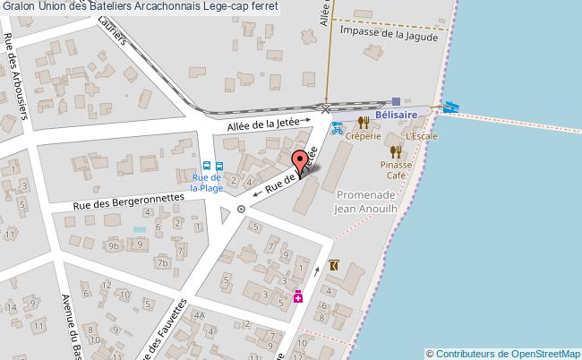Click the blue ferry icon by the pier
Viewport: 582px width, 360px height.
(450, 106)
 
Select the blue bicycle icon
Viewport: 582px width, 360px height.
(337, 127)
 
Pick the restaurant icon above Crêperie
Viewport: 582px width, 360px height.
(364, 123)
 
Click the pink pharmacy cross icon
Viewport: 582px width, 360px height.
(298, 296)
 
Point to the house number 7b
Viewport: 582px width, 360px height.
(161, 263)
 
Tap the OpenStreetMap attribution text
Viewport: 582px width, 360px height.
(503, 353)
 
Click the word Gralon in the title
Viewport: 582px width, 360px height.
(17, 7)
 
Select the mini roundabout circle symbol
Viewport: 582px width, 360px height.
(241, 209)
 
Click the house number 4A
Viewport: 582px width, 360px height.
(200, 316)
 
